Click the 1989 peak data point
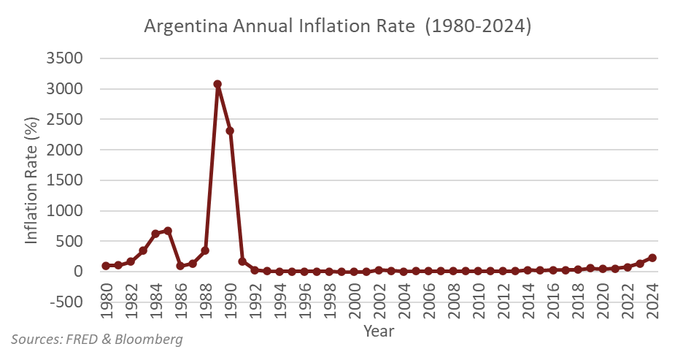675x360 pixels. (217, 84)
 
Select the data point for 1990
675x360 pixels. (230, 131)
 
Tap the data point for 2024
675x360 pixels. (652, 258)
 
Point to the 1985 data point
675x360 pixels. (168, 231)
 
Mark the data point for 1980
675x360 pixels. (106, 266)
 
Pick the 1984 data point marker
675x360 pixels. (155, 234)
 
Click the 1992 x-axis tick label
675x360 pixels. (255, 296)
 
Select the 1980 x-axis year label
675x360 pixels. (106, 296)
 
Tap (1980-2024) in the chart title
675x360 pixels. (479, 26)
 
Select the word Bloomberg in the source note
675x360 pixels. (146, 340)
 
